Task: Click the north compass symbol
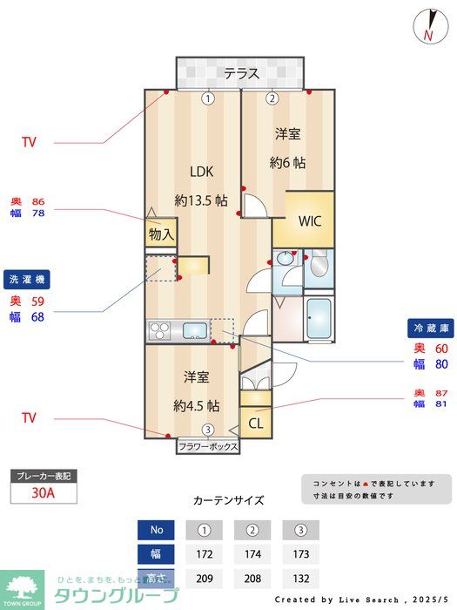tap(428, 25)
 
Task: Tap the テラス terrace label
tap(241, 73)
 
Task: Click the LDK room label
tap(202, 171)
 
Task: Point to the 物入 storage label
tap(161, 234)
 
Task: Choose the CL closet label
tap(256, 424)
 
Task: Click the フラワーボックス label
tap(208, 446)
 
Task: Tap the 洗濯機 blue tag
tap(29, 280)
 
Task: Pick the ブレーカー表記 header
tap(44, 477)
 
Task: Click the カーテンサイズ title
tap(228, 500)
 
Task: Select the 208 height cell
tap(253, 577)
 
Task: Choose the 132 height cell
tap(301, 577)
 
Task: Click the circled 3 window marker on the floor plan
tap(207, 430)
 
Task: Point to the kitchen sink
tap(193, 330)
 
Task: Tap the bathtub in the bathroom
tap(319, 321)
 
